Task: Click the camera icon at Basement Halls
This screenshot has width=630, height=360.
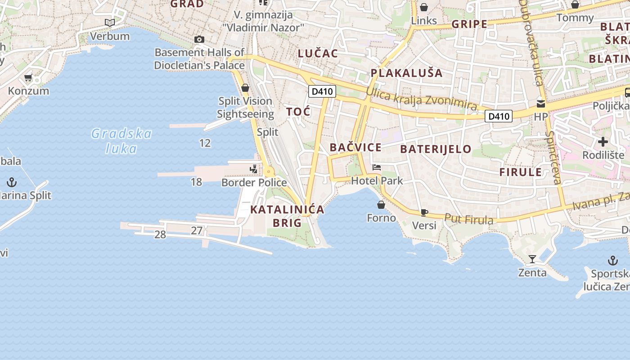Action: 199,40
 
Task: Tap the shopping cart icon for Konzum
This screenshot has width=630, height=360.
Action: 28,77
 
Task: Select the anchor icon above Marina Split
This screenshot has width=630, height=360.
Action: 12,182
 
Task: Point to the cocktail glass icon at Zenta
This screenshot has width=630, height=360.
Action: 532,259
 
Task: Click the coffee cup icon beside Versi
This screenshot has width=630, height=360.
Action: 424,212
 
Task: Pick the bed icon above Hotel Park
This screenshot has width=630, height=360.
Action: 377,167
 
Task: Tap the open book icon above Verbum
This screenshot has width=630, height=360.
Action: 110,22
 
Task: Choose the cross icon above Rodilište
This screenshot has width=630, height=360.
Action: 603,142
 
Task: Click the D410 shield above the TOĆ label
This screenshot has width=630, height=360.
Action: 322,91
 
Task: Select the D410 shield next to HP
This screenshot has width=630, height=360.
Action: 499,117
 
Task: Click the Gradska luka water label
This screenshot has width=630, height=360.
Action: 121,141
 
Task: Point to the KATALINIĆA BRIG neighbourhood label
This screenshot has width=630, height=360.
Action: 287,216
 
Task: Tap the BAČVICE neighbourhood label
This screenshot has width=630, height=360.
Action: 355,147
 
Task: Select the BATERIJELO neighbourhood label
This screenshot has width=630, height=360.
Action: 436,149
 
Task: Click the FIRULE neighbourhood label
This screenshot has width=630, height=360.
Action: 521,172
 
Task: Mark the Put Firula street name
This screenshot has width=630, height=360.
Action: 468,219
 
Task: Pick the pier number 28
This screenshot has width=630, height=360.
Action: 160,234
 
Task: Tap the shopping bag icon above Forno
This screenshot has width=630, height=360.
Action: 381,205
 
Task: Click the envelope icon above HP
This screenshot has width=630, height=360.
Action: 540,103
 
